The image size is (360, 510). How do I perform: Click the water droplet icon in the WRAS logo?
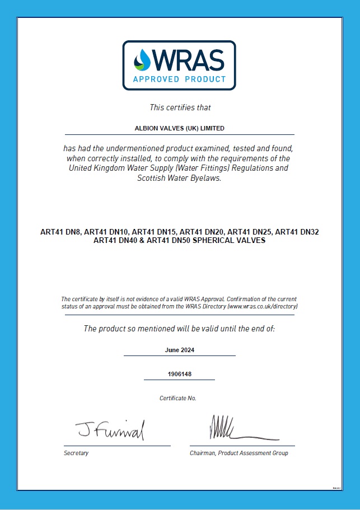(x=142, y=59)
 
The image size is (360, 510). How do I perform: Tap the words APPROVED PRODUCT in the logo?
(x=179, y=79)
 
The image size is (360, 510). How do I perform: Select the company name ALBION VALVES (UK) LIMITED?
(x=180, y=128)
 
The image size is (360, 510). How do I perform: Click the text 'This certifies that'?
(x=180, y=107)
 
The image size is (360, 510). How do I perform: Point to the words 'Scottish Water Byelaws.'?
(x=180, y=179)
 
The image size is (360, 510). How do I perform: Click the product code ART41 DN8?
(x=60, y=232)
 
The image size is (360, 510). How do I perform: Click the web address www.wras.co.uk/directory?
(x=261, y=307)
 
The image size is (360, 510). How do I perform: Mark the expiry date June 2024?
(x=180, y=350)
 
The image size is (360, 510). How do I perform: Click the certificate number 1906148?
(x=179, y=374)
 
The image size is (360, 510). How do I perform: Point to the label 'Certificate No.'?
(x=178, y=398)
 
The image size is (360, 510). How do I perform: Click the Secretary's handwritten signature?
(x=110, y=429)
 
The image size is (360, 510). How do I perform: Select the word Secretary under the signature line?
(x=76, y=453)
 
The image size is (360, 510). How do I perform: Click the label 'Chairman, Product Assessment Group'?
(x=239, y=453)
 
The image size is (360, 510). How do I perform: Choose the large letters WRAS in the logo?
(x=188, y=59)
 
